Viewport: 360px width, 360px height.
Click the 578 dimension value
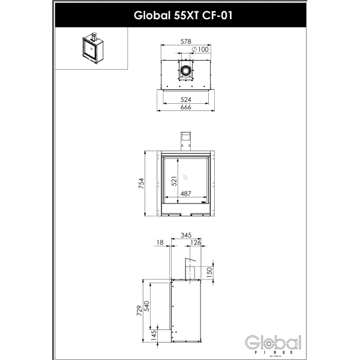[x=186, y=42]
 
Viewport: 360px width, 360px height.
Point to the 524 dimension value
[x=186, y=100]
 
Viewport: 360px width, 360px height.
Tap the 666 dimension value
[x=186, y=107]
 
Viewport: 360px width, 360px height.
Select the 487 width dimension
[x=185, y=194]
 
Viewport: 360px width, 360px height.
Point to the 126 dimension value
[x=196, y=243]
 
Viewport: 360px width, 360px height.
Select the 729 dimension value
[x=139, y=310]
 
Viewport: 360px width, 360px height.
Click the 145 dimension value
[x=154, y=334]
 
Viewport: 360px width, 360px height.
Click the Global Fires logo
[x=273, y=344]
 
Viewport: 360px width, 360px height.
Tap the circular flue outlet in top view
[x=186, y=71]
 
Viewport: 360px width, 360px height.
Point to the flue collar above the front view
[x=186, y=139]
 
